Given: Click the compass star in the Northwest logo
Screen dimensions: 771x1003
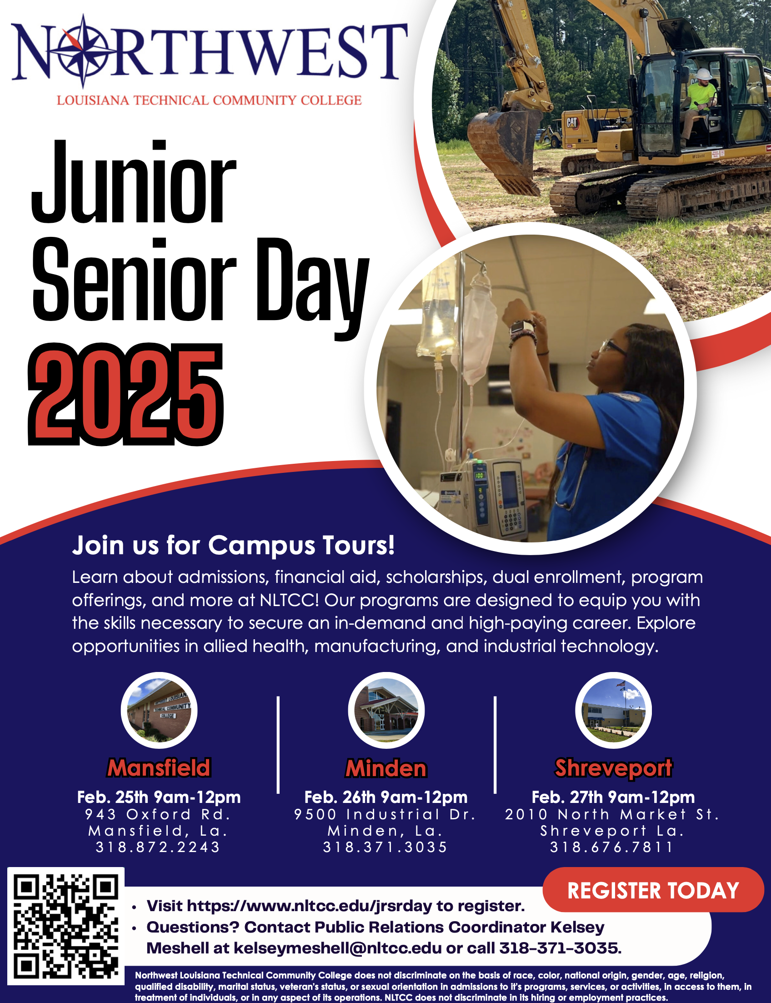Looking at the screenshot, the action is pos(83,51).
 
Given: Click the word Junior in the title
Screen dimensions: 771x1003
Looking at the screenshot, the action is pos(134,182).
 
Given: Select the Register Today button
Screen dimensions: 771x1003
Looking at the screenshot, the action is pos(653,890).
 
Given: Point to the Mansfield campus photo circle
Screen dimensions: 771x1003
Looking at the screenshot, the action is pos(159,710).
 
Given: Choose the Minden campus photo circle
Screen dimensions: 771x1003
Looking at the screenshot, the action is pos(386,710).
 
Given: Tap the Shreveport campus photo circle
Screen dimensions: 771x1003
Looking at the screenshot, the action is pos(613,710).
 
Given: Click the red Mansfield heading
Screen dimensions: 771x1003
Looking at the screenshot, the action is pos(159,767).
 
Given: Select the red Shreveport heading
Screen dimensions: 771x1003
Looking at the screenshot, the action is pos(613,768).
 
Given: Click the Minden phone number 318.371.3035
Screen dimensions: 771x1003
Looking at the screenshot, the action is pos(385,847).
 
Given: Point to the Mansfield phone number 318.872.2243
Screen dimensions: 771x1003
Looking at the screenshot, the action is pos(158,847).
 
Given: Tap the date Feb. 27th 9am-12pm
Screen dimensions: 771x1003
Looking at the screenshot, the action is pos(613,797).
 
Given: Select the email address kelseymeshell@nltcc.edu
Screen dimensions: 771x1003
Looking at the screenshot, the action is pos(338,948).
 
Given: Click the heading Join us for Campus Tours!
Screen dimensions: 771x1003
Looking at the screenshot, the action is pos(233,545).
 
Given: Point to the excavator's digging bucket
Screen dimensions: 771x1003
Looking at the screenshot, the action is pos(505,151).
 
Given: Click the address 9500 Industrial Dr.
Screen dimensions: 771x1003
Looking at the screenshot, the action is pos(385,814).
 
